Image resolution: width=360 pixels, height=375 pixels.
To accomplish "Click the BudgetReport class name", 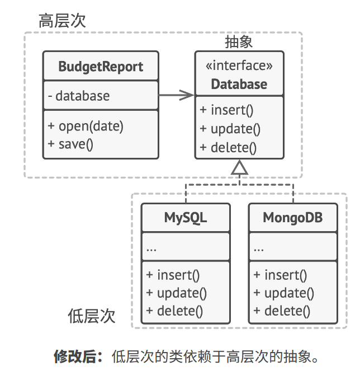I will point(101,67).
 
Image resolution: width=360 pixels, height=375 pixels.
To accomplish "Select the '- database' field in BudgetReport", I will point(79,96).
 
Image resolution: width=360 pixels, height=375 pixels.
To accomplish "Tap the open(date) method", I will point(86,126).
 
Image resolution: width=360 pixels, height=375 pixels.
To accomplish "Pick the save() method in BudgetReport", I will point(70,144).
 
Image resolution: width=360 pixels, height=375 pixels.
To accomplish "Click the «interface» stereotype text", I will point(239,66).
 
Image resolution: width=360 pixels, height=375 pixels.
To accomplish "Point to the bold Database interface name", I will point(239,85).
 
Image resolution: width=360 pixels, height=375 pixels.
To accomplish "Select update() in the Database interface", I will point(230,129).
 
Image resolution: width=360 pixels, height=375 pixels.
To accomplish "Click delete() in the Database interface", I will point(228,148).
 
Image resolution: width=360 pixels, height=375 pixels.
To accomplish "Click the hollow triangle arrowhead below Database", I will point(239,167).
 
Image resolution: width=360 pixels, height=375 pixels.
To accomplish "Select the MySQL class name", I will point(186,217).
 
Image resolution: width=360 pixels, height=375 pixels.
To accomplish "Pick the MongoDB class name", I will point(292,217).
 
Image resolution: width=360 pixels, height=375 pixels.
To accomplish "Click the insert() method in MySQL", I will point(173,275).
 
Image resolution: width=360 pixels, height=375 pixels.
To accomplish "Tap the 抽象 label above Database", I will point(239,43).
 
